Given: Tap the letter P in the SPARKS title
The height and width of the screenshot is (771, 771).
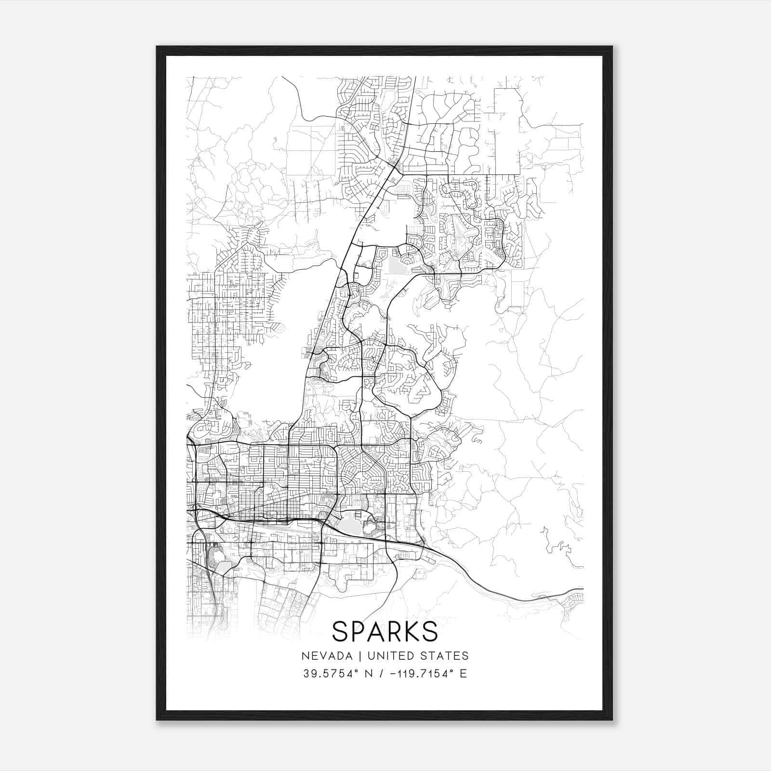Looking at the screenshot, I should [x=360, y=631].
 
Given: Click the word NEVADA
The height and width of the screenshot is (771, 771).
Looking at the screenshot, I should [x=323, y=656].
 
